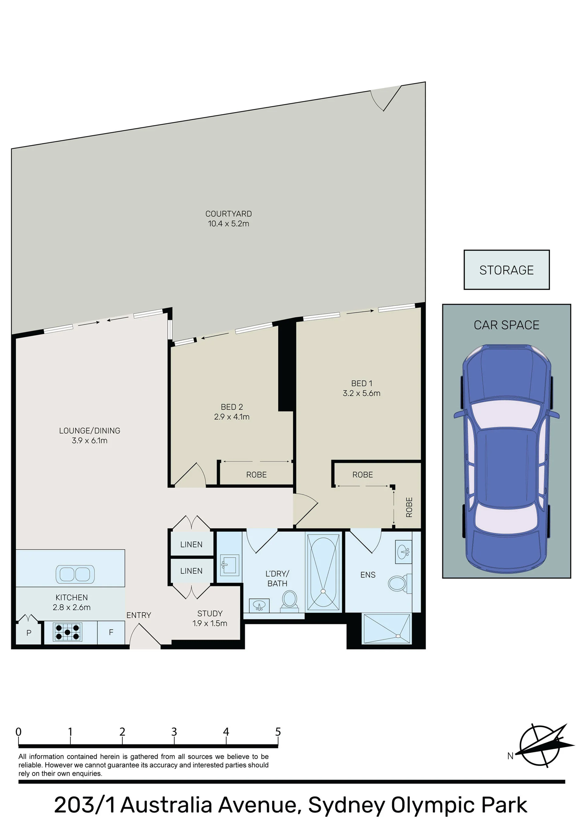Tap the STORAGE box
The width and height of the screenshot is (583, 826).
coord(506,270)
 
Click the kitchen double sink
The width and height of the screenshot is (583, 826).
coord(75,574)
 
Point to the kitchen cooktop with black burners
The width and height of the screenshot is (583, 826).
coord(68,632)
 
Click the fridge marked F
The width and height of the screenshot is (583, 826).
coord(111,632)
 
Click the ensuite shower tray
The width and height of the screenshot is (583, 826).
coord(387,628)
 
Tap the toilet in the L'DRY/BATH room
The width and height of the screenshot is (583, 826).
coord(289,602)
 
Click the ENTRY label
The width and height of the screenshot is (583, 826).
coord(139,616)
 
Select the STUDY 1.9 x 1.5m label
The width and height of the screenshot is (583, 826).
coord(210,618)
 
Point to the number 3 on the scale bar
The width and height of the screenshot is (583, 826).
coord(174,732)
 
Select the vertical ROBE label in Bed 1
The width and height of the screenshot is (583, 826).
coord(409,507)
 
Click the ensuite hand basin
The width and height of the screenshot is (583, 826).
coord(404,551)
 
